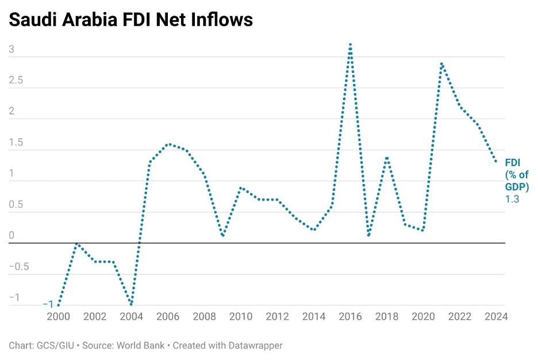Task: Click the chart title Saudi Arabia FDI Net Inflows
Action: (131, 20)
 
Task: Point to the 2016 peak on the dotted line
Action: (350, 44)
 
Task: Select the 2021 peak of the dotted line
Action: (441, 64)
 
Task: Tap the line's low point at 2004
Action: (132, 305)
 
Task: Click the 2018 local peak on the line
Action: (387, 157)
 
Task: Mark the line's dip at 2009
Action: (222, 236)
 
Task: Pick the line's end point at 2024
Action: (496, 162)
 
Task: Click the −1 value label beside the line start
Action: (48, 305)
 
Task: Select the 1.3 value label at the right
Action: (512, 200)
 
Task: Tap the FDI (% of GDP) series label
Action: (516, 175)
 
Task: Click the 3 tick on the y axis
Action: (11, 50)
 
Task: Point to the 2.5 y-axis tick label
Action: (16, 81)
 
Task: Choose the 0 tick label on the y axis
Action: (11, 236)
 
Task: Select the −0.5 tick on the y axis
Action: (18, 267)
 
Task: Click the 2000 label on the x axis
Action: (58, 316)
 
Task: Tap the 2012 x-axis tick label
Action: (277, 316)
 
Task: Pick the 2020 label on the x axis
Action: (423, 316)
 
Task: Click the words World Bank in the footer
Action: (141, 346)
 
